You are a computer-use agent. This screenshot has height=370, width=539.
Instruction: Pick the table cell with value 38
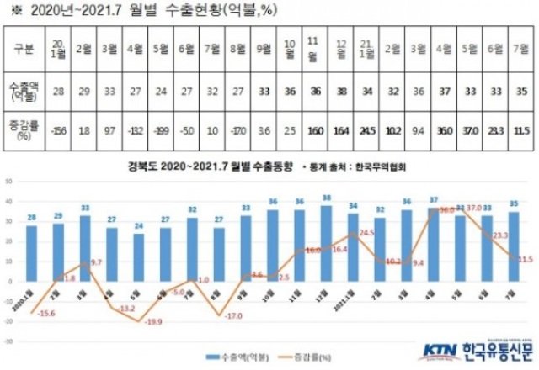coord(341,91)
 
